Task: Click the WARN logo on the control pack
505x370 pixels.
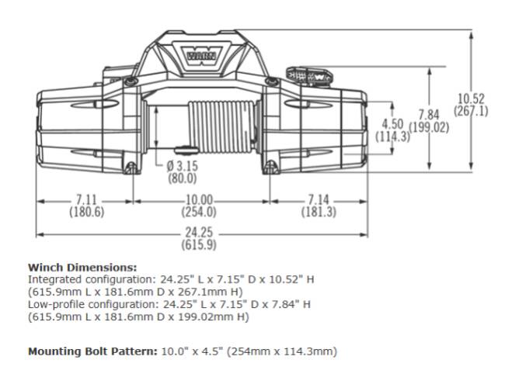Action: (201, 55)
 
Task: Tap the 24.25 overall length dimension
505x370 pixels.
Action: (199, 232)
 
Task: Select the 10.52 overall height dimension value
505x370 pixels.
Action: (471, 99)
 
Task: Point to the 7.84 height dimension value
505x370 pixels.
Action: (429, 115)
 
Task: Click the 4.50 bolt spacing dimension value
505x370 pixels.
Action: (392, 124)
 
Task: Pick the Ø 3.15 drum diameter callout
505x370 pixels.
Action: (183, 166)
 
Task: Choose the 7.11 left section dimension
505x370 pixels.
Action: (86, 199)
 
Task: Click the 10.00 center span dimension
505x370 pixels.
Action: (200, 200)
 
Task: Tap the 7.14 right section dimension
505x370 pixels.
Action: (319, 199)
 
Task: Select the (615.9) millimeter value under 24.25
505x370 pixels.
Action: (199, 245)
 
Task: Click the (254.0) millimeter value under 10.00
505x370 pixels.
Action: (199, 213)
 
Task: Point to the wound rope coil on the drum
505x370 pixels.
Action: (221, 126)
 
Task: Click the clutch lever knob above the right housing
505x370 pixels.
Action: (308, 77)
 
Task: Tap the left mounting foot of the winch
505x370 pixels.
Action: (131, 168)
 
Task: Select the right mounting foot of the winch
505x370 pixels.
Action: (271, 168)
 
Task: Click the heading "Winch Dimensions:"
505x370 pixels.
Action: (82, 268)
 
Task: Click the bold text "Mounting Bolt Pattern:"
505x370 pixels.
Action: (92, 351)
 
